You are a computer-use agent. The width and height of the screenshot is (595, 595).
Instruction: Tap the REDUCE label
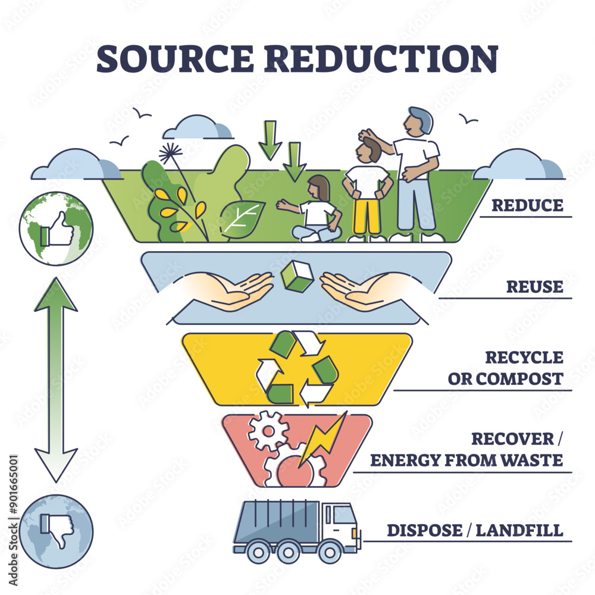pos(527,205)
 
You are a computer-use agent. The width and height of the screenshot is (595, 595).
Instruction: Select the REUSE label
pos(534,287)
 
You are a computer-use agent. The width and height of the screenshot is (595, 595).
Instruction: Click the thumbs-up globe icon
pos(56,228)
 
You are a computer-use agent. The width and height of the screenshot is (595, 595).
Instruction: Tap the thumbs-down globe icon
pos(56,531)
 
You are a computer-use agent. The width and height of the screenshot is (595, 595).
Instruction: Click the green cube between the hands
pos(296,277)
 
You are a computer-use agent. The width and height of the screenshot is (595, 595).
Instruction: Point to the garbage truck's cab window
pos(344,516)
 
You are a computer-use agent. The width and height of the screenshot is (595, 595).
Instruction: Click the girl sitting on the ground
pos(315,211)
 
